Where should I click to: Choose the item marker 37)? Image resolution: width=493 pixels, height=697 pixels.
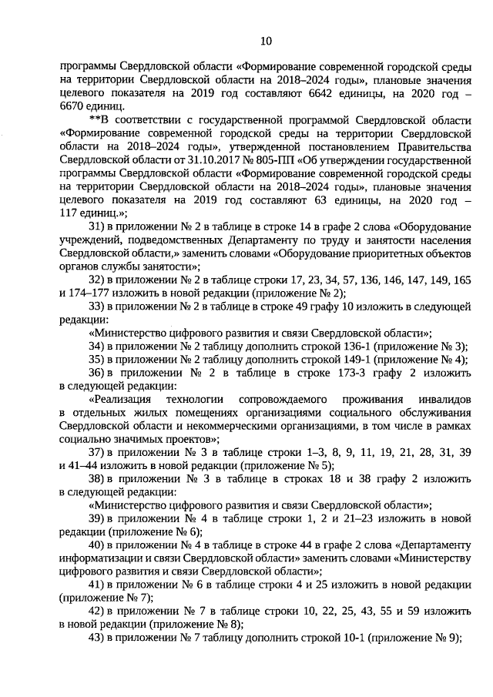pyautogui.click(x=97, y=452)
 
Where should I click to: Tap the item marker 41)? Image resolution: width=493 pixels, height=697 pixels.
pyautogui.click(x=97, y=585)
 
